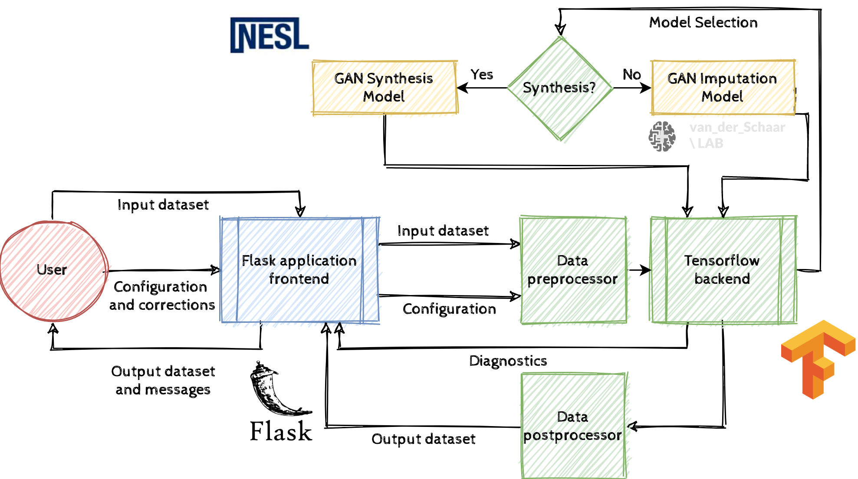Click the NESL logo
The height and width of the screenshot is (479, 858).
tap(270, 35)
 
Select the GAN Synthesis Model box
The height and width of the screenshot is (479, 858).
tap(385, 87)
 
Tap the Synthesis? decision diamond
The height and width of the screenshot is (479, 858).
tap(560, 88)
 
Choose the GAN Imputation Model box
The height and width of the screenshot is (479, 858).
tap(723, 87)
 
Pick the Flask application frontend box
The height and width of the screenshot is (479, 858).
tap(299, 270)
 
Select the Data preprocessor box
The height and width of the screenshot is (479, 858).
tap(573, 270)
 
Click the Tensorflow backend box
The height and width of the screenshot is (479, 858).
tap(723, 270)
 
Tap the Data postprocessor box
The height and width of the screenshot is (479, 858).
tap(573, 426)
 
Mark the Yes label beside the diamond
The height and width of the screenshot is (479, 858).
tap(482, 75)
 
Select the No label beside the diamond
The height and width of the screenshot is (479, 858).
tap(632, 75)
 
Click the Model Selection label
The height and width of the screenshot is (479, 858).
tap(703, 23)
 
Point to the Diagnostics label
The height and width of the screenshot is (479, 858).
tap(508, 361)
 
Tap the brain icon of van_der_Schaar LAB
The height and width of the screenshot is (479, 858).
tap(662, 136)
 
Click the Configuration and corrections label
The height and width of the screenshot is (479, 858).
tap(162, 296)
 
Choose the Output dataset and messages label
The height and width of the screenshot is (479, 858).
tap(163, 381)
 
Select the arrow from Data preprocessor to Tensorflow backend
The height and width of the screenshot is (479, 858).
tap(639, 270)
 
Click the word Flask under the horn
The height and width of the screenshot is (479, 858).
tap(281, 432)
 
